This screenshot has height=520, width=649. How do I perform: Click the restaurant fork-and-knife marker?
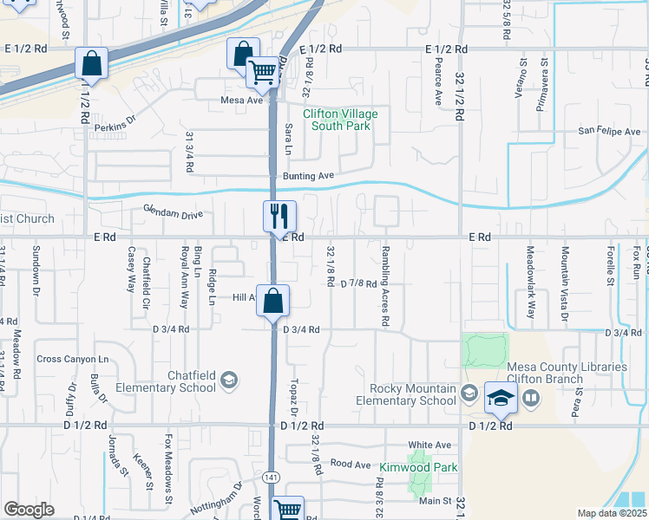coord(280,216)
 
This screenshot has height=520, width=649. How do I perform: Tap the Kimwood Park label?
coord(418,467)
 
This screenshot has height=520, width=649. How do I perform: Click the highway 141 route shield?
coord(272,478)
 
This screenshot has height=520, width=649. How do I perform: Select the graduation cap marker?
coord(501,398)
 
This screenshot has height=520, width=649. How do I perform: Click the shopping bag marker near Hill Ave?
coord(272,300)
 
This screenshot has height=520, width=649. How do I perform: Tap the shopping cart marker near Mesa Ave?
coord(262,72)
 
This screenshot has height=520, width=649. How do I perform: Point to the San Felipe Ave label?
coord(610,132)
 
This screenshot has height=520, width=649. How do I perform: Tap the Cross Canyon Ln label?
coord(73,359)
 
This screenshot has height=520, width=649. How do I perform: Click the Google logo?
coord(29,510)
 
